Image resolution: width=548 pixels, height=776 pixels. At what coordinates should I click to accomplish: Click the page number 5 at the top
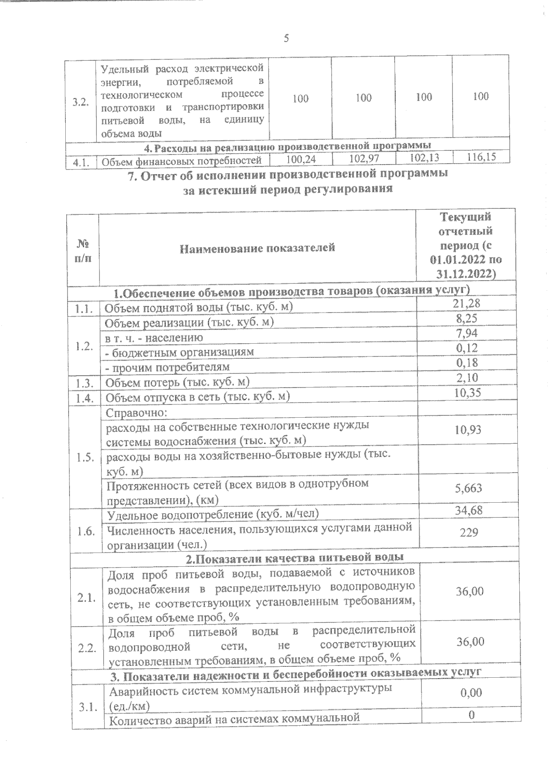286,38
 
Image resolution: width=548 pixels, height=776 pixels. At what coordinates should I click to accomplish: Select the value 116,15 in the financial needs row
481,157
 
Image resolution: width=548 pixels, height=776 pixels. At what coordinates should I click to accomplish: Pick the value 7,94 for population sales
467,333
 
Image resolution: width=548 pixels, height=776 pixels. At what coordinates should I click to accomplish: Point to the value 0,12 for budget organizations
467,348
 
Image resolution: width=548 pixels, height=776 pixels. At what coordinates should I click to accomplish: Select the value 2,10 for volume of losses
467,377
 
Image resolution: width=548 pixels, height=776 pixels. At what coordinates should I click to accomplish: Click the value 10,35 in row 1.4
467,393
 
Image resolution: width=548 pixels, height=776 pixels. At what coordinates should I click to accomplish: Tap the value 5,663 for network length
468,489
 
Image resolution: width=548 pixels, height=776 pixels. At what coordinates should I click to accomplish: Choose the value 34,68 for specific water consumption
469,510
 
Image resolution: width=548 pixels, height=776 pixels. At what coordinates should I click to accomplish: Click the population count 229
469,532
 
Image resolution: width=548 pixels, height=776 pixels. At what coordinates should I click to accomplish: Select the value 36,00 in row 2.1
470,591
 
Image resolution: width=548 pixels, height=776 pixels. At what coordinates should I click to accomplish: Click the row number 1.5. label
86,457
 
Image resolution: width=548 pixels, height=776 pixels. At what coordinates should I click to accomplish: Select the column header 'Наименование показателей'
257,248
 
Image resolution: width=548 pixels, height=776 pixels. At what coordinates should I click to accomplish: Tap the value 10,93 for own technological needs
468,430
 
